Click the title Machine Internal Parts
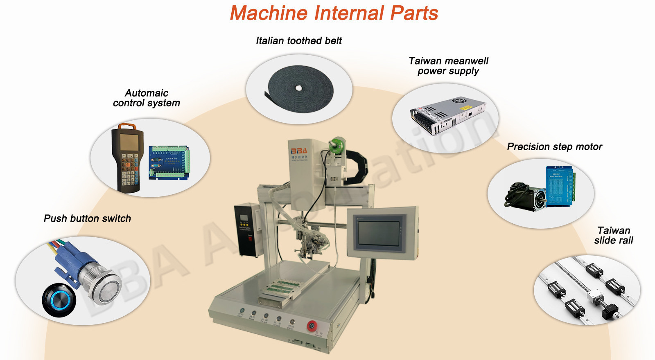click(x=334, y=13)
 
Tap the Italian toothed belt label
click(x=298, y=40)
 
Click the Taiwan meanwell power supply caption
click(x=448, y=66)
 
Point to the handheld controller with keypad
click(x=127, y=157)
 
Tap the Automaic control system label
click(x=146, y=98)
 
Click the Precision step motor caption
click(x=554, y=146)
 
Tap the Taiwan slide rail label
click(x=613, y=235)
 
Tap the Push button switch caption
click(x=87, y=218)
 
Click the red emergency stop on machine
click(x=312, y=326)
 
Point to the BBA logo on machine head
click(x=299, y=151)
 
